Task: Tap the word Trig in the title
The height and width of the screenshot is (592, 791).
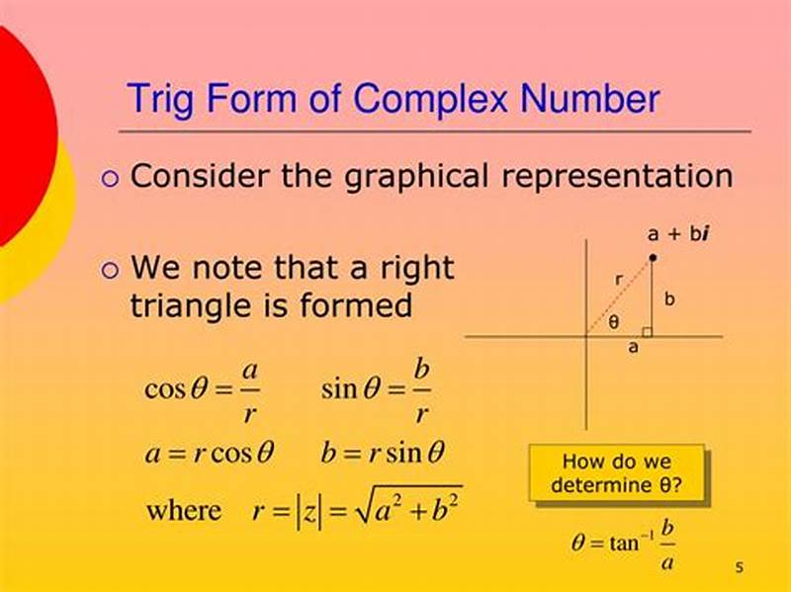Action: [x=164, y=100]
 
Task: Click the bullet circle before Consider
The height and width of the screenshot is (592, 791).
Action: [x=110, y=179]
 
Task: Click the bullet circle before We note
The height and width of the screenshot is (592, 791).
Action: [x=110, y=270]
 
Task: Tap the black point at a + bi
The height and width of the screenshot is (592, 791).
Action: [x=653, y=258]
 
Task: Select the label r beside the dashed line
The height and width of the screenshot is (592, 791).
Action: [x=619, y=280]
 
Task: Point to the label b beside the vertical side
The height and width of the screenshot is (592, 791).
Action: [x=669, y=298]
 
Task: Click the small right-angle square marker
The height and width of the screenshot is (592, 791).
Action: [x=647, y=331]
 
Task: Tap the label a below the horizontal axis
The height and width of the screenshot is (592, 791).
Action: [x=634, y=348]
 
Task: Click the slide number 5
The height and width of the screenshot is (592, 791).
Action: [x=739, y=567]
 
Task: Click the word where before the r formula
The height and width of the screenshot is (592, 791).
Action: [x=184, y=511]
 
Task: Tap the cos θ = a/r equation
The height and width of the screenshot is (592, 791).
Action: [x=203, y=388]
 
